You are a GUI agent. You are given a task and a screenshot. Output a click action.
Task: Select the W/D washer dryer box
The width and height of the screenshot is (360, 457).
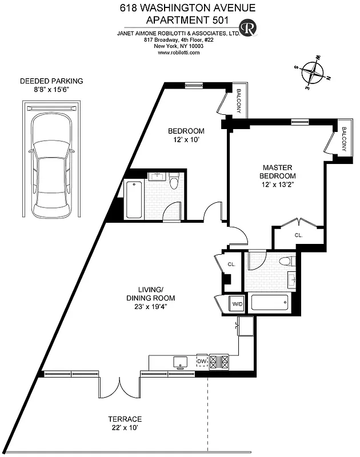click(237, 304)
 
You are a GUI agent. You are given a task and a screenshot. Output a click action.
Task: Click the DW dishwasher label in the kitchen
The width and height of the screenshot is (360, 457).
click(201, 361)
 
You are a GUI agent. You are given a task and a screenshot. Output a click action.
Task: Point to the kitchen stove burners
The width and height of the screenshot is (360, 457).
click(220, 361)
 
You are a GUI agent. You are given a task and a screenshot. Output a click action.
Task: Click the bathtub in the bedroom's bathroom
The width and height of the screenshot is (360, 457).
click(134, 199)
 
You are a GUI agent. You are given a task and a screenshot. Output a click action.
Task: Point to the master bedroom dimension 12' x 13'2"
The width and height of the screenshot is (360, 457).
click(278, 185)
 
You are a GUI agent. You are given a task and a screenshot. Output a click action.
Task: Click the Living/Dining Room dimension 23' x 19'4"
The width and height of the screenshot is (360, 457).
click(150, 306)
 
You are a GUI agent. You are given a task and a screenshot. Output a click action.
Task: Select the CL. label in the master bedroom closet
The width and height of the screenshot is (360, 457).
click(298, 235)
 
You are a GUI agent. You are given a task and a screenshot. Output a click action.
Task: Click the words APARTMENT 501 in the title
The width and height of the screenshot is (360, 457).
click(180, 19)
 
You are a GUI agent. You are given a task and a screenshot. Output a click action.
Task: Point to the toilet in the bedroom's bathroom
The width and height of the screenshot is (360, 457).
click(174, 181)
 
